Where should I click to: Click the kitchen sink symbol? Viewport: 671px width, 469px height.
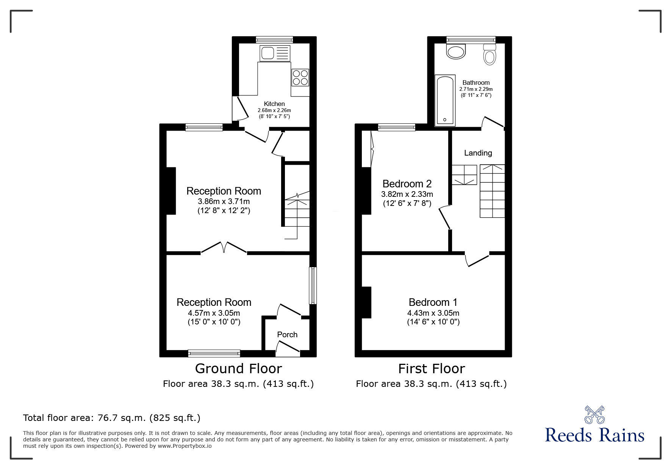coord(275,53)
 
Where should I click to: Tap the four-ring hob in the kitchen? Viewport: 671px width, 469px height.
coord(300,77)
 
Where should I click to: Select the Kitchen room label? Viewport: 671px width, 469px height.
coord(274,104)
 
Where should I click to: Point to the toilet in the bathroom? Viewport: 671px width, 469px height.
coord(490,55)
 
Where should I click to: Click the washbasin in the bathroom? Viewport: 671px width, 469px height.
coord(455,52)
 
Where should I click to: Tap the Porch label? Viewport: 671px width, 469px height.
coord(287,335)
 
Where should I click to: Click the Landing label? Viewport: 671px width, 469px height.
coord(478,153)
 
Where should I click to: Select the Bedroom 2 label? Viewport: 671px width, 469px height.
coord(407,184)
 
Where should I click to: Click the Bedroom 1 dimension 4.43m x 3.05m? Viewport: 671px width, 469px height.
coord(433,313)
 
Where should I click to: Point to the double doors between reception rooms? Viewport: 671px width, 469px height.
coord(224,248)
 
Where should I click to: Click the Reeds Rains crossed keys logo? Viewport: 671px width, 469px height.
coord(594,415)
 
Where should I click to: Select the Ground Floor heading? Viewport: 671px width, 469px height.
coord(238,369)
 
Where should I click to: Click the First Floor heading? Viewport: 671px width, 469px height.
coord(431,369)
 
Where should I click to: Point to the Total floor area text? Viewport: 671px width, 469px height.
coord(112,418)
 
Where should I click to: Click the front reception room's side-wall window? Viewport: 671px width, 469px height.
coord(313,286)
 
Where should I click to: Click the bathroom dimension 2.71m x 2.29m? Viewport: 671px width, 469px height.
coord(476,89)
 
